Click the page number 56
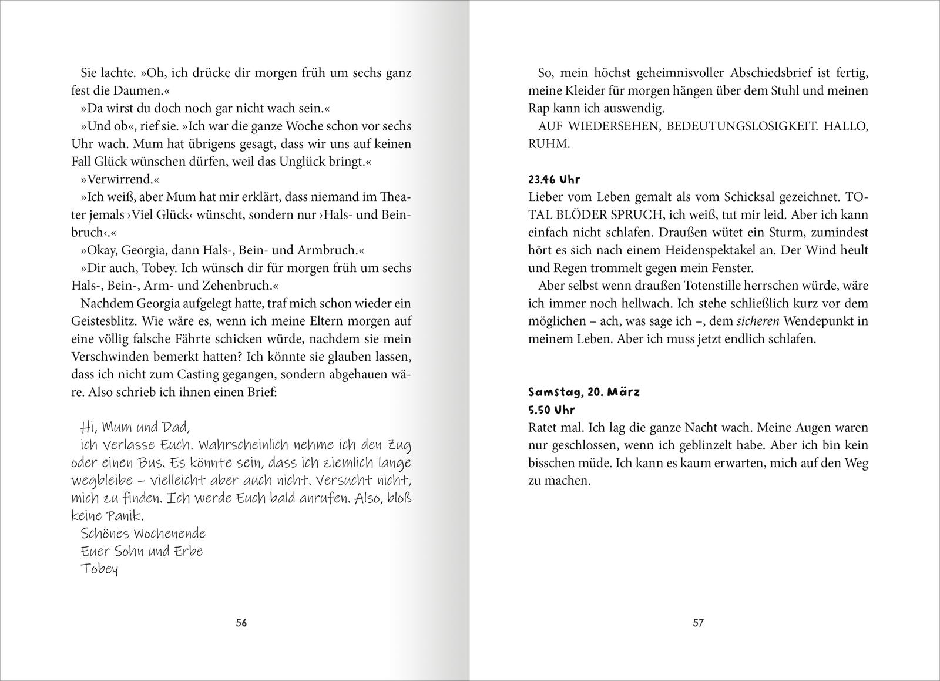pos(241,623)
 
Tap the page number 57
pos(698,623)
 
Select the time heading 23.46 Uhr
pos(554,180)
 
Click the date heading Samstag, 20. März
pos(583,392)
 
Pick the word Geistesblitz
pos(110,321)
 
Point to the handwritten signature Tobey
pos(99,569)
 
